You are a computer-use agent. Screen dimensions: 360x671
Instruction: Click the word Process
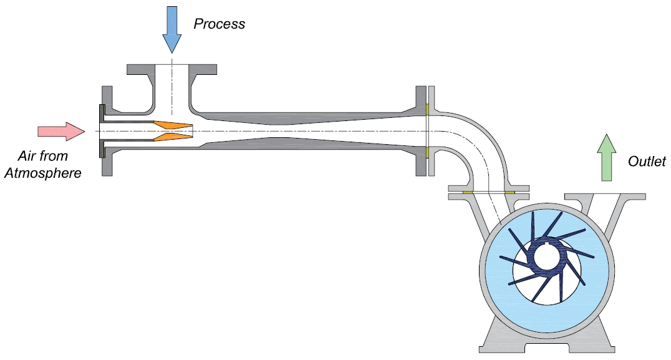[x=219, y=24]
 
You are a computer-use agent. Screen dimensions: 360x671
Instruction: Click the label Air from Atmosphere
[x=43, y=165]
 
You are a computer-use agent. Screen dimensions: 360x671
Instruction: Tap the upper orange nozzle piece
[x=173, y=125]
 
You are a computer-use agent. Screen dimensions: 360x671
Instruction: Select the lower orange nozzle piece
[x=173, y=137]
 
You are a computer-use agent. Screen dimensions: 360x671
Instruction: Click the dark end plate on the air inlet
[x=101, y=131]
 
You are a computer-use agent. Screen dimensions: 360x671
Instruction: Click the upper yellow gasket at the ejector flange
[x=428, y=110]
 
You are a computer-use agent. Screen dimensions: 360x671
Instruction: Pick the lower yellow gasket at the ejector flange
[x=428, y=152]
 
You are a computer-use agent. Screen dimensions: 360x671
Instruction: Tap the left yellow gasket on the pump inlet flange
[x=466, y=192]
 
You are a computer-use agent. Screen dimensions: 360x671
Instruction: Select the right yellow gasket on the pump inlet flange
[x=509, y=192]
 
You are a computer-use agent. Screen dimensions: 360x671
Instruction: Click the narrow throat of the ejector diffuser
[x=274, y=131]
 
